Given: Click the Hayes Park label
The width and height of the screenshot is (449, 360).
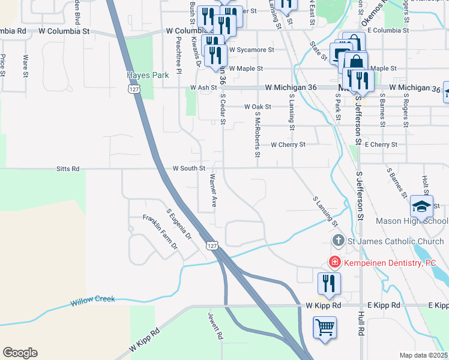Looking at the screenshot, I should pos(145,75).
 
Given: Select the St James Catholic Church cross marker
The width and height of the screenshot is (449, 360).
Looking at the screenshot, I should pos(338,241).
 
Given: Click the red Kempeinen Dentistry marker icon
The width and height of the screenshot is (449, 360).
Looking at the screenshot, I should pos(334,262).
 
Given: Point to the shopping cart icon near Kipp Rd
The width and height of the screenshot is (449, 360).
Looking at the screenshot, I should pos(325,328).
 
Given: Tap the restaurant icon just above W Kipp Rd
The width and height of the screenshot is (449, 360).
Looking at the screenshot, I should pos(329,284).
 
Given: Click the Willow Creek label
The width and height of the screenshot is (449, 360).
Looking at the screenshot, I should pos(92,299).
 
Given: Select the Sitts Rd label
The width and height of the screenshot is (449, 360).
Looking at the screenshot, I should pos(67,169).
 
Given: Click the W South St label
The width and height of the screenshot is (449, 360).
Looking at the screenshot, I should pos(190,169).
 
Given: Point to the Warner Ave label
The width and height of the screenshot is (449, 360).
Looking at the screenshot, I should pos(212,191).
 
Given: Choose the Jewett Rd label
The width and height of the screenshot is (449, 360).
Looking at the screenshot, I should pos(215,326).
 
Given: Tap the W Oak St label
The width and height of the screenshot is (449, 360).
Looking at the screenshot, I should pos(258,106).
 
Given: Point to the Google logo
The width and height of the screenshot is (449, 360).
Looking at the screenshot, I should pos(20,353).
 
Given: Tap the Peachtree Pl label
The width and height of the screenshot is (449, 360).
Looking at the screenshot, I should pos(179,54).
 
